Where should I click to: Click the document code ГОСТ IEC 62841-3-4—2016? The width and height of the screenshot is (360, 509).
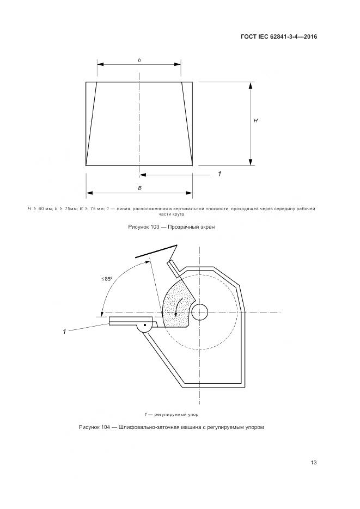[278, 36]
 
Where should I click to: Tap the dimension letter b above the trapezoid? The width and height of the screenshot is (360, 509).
[139, 60]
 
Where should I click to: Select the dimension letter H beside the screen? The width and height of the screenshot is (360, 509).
[256, 120]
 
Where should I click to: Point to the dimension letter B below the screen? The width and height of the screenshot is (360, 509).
[139, 188]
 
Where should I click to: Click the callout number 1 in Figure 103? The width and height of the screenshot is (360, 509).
[220, 174]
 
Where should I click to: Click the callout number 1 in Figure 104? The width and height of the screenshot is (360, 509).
[64, 332]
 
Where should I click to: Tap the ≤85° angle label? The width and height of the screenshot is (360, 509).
[107, 279]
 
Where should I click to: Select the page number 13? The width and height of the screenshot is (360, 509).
[314, 462]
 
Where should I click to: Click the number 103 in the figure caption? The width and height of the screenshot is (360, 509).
[155, 227]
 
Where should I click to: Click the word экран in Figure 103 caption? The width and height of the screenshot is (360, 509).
[208, 227]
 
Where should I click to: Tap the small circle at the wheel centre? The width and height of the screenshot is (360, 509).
[200, 312]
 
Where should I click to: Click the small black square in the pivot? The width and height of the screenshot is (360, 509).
[145, 325]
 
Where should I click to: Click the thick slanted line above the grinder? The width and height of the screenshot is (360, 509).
[156, 250]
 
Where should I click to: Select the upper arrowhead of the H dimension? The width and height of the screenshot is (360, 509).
[251, 85]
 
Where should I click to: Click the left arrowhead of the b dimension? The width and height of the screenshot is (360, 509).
[100, 64]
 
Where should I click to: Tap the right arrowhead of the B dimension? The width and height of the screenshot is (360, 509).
[189, 193]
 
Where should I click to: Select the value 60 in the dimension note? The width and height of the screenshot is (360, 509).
[41, 208]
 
